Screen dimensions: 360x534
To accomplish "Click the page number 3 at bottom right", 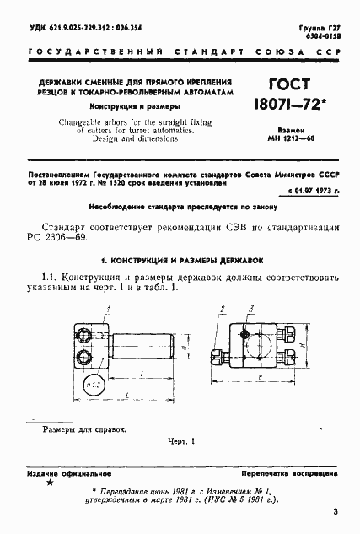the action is [x=335, y=511].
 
